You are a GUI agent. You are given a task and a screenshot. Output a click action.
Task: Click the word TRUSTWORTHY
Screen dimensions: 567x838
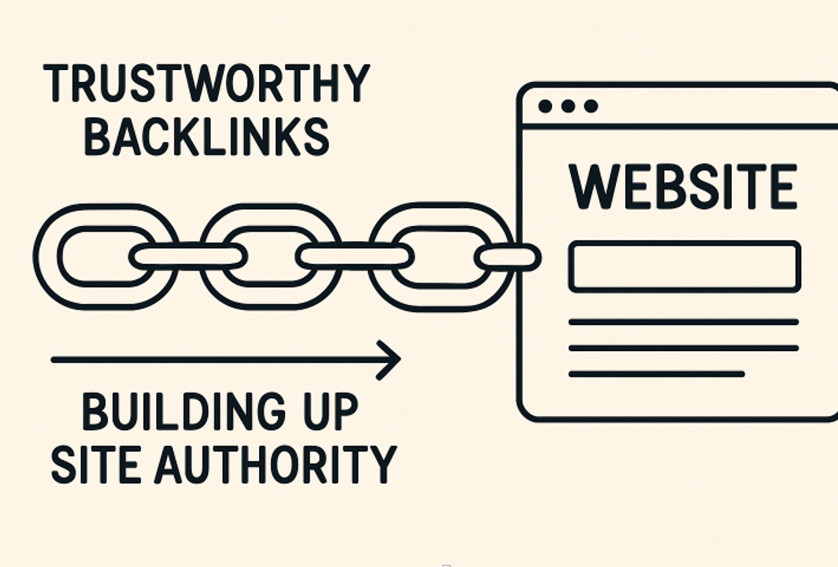206,83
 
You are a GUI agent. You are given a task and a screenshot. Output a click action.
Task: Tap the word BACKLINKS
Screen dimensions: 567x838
206,137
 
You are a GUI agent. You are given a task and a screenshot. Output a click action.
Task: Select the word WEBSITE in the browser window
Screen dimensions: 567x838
682,187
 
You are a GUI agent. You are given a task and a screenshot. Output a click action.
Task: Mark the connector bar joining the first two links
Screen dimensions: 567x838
187,256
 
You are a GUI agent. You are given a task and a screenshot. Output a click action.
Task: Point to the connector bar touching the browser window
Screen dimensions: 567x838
508,257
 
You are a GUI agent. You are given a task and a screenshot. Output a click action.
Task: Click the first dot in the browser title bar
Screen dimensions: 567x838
544,106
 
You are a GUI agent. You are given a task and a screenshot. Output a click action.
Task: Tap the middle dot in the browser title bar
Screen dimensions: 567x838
567,106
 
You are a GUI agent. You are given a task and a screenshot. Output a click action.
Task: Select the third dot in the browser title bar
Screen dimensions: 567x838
591,106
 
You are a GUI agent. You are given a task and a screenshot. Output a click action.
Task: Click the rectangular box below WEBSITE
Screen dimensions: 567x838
684,267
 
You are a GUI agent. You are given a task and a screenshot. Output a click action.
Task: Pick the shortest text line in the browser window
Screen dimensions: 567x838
656,374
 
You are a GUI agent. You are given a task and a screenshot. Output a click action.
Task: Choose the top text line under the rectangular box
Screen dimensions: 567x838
684,321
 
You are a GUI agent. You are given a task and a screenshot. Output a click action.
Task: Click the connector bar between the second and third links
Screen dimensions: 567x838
355,256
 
